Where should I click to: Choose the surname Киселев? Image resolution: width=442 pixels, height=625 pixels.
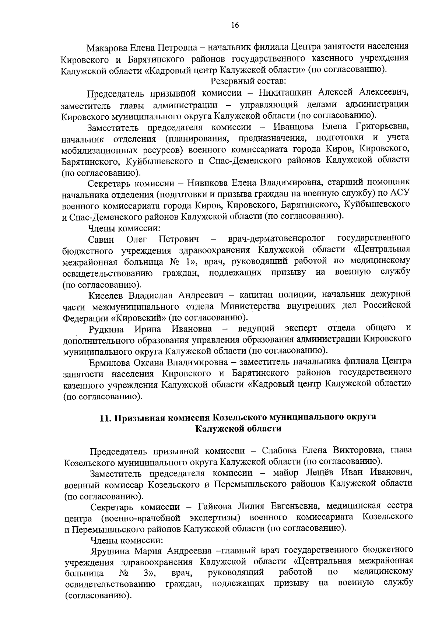point(107,296)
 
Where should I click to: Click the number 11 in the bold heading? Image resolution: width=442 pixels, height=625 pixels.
point(105,418)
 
